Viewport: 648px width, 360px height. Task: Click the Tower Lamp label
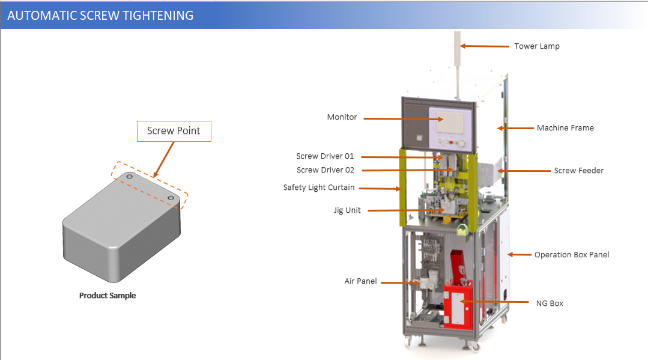(536, 46)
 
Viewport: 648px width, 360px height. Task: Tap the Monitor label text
(342, 117)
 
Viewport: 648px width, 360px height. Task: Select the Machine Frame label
(565, 127)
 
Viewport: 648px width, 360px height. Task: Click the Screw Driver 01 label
(325, 156)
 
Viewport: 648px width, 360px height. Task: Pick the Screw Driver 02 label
(325, 170)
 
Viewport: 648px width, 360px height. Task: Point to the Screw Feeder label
(578, 171)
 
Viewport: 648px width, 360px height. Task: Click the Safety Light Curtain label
(318, 188)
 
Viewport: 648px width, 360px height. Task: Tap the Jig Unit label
(347, 210)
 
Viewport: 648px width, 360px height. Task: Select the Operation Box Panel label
(571, 255)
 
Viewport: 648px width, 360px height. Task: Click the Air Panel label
(360, 281)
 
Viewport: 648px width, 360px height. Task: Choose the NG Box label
(549, 304)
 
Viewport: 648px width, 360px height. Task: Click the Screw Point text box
(174, 131)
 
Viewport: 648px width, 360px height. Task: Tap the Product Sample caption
(107, 296)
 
